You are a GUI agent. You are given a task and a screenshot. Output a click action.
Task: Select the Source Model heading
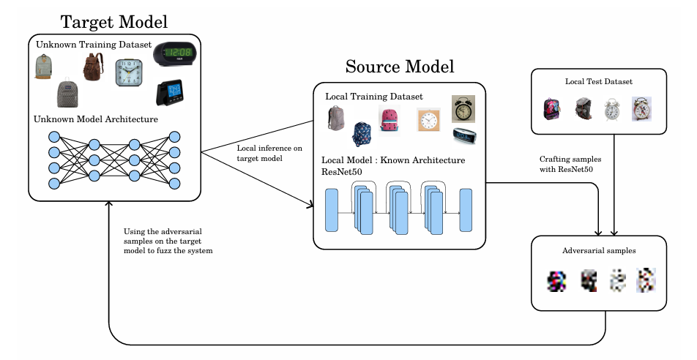(400, 67)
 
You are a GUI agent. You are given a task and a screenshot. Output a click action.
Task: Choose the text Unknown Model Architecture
(96, 119)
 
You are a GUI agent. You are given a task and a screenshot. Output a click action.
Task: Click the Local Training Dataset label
(374, 97)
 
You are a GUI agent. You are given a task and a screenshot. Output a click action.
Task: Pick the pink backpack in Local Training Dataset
(389, 120)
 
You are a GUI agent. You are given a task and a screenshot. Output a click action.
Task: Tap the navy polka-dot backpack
(362, 134)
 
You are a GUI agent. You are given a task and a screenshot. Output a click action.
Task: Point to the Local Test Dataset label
(598, 81)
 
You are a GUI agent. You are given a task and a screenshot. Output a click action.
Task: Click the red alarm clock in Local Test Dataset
(642, 109)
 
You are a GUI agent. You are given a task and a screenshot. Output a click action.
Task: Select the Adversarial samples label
(599, 250)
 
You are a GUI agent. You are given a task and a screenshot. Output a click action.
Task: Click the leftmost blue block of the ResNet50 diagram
(331, 210)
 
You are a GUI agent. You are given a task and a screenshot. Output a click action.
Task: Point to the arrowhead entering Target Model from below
(110, 206)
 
